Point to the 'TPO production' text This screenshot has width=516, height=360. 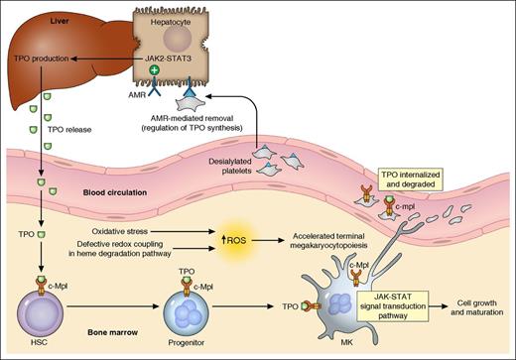click(x=36, y=59)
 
